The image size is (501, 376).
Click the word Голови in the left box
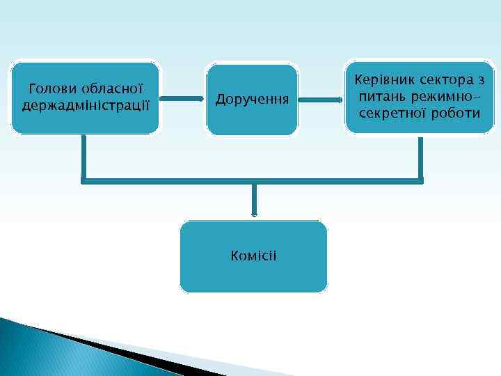pyautogui.click(x=51, y=90)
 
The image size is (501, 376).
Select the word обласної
pyautogui.click(x=112, y=90)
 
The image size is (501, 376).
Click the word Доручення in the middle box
pyautogui.click(x=252, y=100)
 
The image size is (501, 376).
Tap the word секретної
pyautogui.click(x=392, y=112)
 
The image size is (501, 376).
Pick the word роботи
pyautogui.click(x=458, y=112)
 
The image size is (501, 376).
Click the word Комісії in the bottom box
pyautogui.click(x=253, y=256)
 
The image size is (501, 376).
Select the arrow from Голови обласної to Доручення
pyautogui.click(x=182, y=99)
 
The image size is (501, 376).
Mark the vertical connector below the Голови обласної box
pyautogui.click(x=83, y=157)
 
